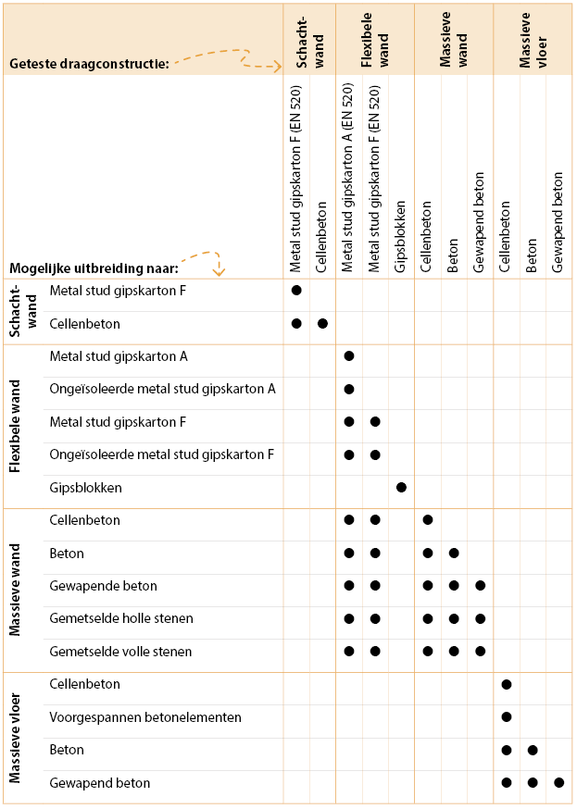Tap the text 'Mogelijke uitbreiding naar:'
coord(94,268)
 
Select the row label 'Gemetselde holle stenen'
coord(120,618)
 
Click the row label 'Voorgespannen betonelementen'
coord(145,717)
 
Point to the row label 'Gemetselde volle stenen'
coord(120,652)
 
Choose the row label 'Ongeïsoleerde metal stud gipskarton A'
coord(162,389)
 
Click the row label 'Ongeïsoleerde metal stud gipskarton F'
coord(162,454)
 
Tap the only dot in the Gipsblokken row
coord(401,488)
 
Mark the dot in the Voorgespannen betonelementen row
coord(507,717)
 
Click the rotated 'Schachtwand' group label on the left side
coord(20,311)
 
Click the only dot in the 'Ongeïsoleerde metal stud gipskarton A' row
coord(349,389)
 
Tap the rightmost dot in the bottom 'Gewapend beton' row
coord(558,783)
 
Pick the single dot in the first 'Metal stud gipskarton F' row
coord(296,291)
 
